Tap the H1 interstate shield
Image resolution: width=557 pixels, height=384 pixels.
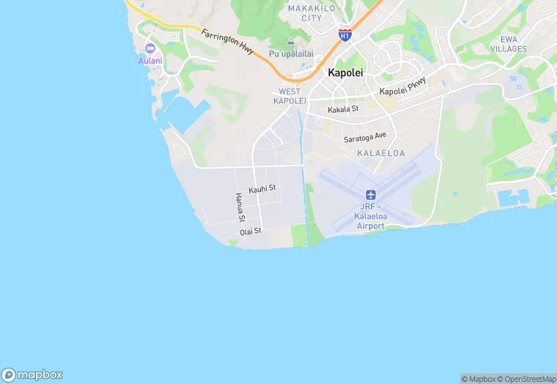344,34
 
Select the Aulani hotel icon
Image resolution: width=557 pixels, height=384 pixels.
150,48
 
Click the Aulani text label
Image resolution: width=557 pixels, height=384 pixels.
150,60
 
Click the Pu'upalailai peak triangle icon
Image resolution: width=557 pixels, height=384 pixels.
291,42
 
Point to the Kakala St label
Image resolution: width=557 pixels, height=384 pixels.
343,109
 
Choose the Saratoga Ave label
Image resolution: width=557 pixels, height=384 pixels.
365,137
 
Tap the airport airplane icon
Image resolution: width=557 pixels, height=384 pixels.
370,196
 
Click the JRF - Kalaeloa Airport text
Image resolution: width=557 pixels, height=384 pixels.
370,216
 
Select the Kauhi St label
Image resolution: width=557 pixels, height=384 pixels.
262,189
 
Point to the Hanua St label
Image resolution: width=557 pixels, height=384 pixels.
238,207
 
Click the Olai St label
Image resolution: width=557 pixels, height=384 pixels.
251,232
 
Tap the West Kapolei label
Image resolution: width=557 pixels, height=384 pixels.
289,96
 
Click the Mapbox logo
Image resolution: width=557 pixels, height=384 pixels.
32,374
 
